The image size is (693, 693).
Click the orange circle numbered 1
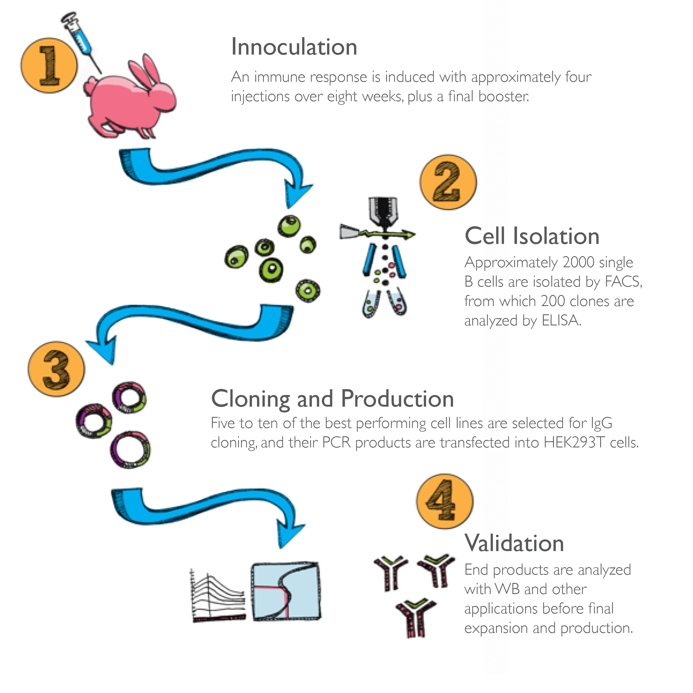pos(49,66)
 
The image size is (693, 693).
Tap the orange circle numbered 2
pos(448,182)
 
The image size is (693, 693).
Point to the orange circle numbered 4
pos(445,501)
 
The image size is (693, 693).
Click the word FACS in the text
pos(623,282)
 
